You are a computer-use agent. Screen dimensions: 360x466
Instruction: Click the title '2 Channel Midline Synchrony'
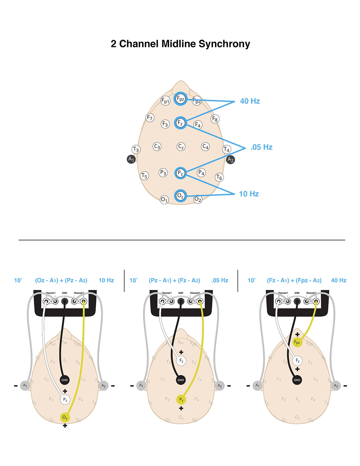pyautogui.click(x=180, y=44)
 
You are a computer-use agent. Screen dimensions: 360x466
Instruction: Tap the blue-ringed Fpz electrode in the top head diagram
pyautogui.click(x=180, y=99)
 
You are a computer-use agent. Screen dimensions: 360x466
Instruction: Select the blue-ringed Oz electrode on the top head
pyautogui.click(x=180, y=196)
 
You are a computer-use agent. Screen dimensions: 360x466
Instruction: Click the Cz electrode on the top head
pyautogui.click(x=181, y=146)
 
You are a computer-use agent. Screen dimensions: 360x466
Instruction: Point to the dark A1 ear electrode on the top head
pyautogui.click(x=131, y=159)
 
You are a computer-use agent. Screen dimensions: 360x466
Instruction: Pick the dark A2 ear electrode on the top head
pyautogui.click(x=230, y=159)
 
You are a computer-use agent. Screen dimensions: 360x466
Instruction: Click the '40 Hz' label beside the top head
pyautogui.click(x=250, y=101)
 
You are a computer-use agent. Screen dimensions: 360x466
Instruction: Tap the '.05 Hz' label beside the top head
pyautogui.click(x=261, y=147)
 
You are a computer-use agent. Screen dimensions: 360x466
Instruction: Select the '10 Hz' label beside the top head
pyautogui.click(x=249, y=194)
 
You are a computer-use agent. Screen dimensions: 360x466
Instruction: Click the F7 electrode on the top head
pyautogui.click(x=150, y=117)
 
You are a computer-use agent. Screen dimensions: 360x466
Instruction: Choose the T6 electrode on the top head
pyautogui.click(x=219, y=177)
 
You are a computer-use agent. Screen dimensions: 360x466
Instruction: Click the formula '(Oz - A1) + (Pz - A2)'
pyautogui.click(x=61, y=280)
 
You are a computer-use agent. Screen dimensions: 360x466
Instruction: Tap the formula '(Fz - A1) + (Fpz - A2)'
pyautogui.click(x=294, y=280)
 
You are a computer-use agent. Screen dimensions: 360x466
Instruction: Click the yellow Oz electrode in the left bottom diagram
pyautogui.click(x=65, y=417)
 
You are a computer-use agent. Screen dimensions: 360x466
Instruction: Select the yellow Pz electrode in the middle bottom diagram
pyautogui.click(x=181, y=399)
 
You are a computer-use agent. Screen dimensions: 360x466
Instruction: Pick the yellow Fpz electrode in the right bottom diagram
pyautogui.click(x=297, y=342)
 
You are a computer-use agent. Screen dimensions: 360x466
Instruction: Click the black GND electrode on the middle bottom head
pyautogui.click(x=181, y=380)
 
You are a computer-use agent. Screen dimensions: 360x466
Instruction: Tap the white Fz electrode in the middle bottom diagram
pyautogui.click(x=181, y=360)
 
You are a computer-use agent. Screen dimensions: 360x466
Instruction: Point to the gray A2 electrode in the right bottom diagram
pyautogui.click(x=336, y=386)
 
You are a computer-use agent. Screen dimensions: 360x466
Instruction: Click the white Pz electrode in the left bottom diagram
pyautogui.click(x=65, y=400)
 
